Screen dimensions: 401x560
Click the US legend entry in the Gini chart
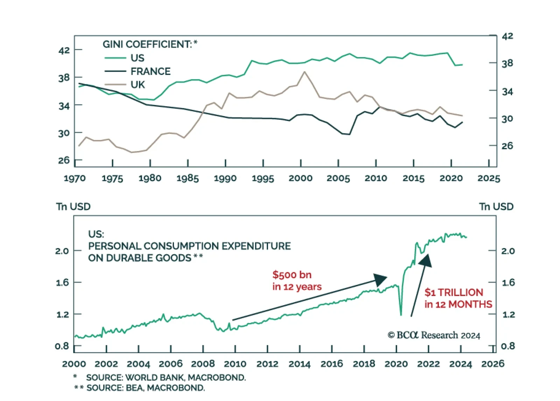(137, 58)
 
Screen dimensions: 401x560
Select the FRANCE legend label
(150, 71)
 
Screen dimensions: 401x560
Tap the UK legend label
(138, 85)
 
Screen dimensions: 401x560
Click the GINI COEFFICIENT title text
(150, 44)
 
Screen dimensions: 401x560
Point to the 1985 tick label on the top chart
(188, 178)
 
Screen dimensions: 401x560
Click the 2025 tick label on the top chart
(489, 178)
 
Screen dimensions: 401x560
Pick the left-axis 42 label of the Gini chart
(64, 50)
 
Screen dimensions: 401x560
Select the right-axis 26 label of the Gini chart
(507, 146)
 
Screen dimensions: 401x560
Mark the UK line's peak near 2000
(304, 72)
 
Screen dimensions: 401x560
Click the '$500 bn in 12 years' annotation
(297, 281)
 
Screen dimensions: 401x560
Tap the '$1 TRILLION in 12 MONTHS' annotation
(458, 298)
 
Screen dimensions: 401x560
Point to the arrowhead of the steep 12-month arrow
(426, 260)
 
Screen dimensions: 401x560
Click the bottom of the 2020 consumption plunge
(401, 315)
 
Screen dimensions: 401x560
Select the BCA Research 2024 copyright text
(434, 335)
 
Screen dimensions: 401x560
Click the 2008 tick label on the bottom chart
(203, 364)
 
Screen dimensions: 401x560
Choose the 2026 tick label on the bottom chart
(493, 364)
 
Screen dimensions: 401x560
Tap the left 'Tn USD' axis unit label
(73, 207)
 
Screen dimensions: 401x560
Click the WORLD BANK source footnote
(166, 378)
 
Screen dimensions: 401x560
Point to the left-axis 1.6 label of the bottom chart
(62, 282)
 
